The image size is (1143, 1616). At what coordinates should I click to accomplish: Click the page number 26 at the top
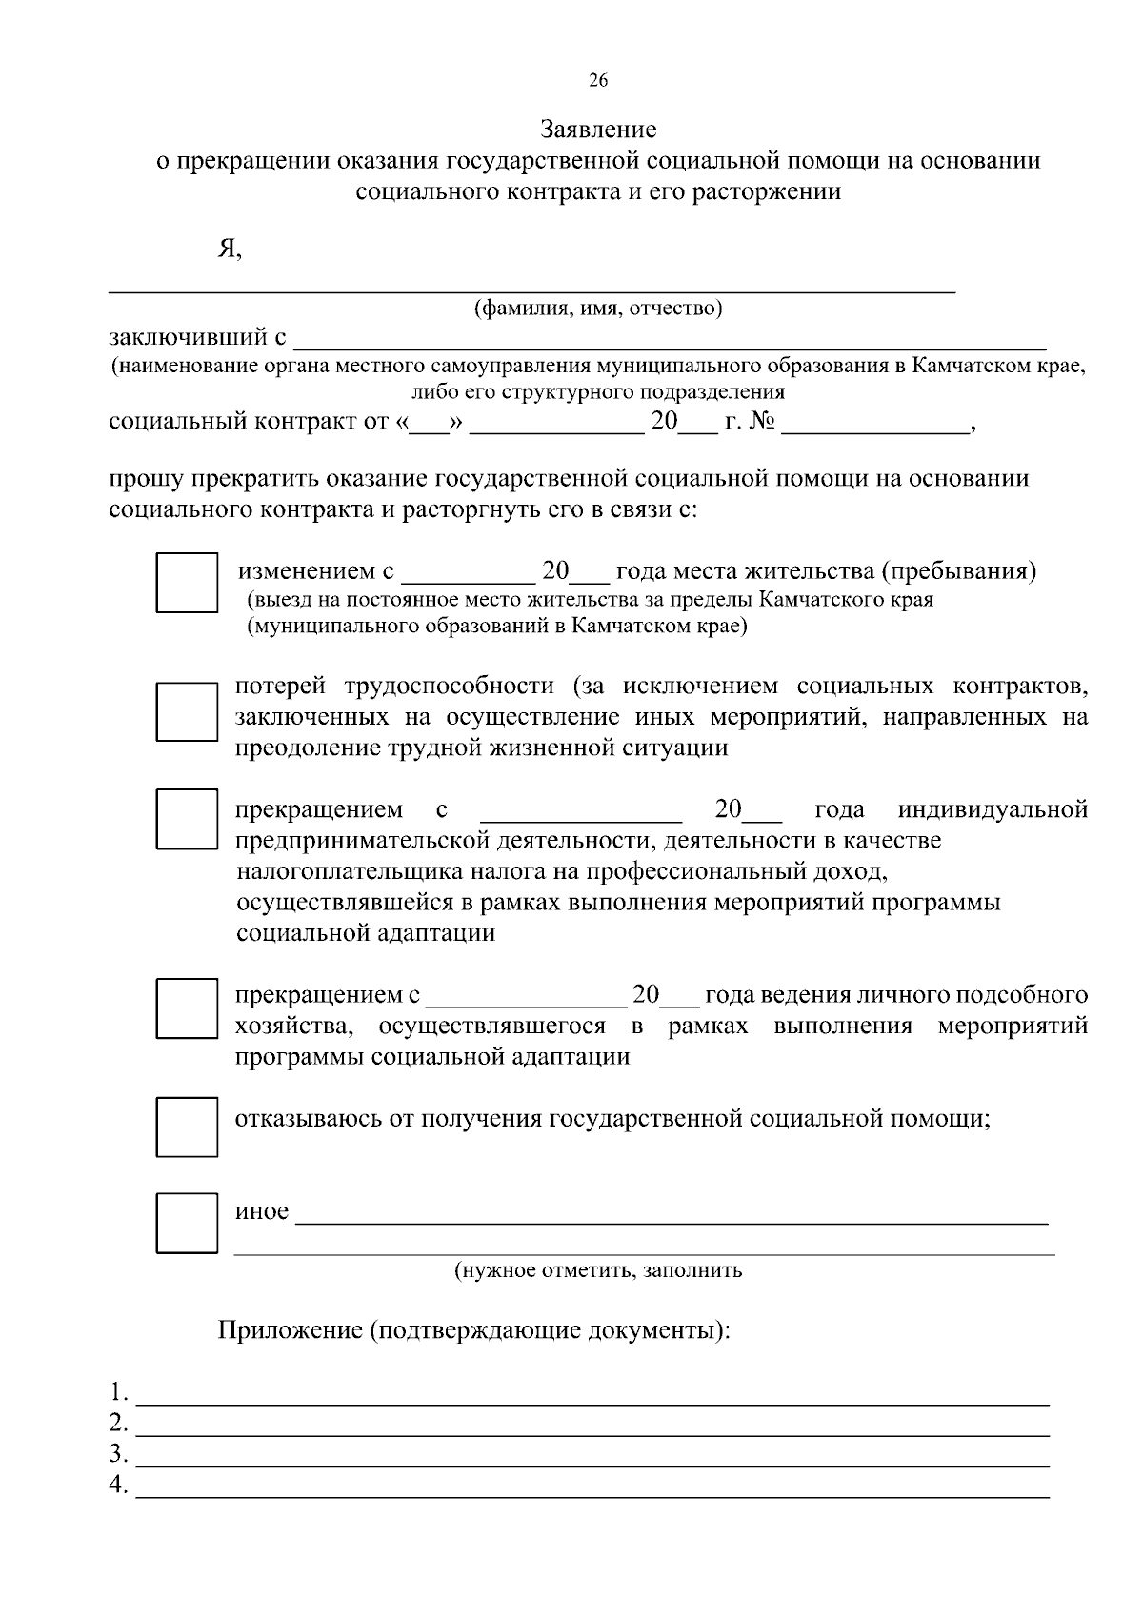598,81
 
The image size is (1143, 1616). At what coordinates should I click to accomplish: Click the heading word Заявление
598,129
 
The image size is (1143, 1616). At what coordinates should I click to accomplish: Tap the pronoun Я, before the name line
230,249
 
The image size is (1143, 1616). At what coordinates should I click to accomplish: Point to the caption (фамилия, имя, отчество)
598,309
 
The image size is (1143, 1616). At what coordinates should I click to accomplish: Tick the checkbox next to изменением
187,582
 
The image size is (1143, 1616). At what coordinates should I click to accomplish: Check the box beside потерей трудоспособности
187,711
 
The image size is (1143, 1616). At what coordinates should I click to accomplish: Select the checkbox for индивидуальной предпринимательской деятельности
187,818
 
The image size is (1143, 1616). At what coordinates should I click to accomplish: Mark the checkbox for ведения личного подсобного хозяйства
187,1008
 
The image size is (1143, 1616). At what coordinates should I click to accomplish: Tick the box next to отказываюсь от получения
187,1127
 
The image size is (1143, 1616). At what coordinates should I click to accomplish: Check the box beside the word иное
187,1223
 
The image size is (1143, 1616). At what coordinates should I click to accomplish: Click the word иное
262,1211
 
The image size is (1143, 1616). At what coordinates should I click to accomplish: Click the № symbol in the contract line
761,421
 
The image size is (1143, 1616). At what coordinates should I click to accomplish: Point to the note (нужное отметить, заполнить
598,1270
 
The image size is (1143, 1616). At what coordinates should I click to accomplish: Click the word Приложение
288,1330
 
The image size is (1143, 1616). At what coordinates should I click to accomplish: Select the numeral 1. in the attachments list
118,1393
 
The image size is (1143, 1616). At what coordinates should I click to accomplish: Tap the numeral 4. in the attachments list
118,1485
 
